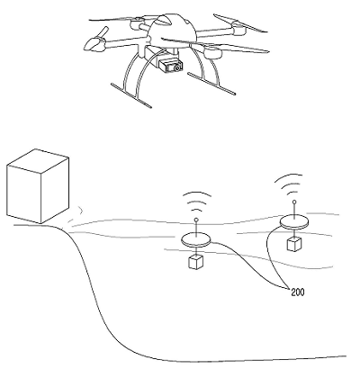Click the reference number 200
pos(297,292)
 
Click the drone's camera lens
pos(178,67)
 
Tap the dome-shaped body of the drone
pos(173,30)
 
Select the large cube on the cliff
pos(38,186)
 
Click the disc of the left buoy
pos(196,239)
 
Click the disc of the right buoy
pos(294,221)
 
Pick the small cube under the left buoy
pos(195,262)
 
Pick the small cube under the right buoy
pos(294,244)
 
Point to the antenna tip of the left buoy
pos(196,220)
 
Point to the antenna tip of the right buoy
pos(294,202)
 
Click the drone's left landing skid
pos(131,95)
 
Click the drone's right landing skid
pos(211,84)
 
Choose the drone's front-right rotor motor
pos(212,52)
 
